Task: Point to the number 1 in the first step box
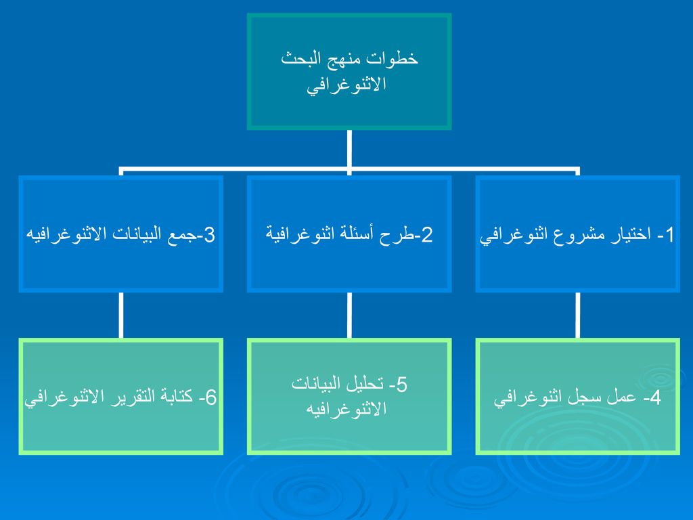click(669, 234)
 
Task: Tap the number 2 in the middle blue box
click(426, 234)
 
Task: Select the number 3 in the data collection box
click(209, 234)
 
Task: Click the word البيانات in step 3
click(135, 234)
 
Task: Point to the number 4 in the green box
click(655, 397)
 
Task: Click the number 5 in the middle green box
click(401, 385)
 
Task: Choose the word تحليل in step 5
click(363, 385)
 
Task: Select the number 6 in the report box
click(211, 397)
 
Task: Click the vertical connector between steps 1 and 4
click(578, 316)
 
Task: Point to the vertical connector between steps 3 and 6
click(120, 316)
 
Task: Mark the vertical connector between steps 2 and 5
click(349, 316)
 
